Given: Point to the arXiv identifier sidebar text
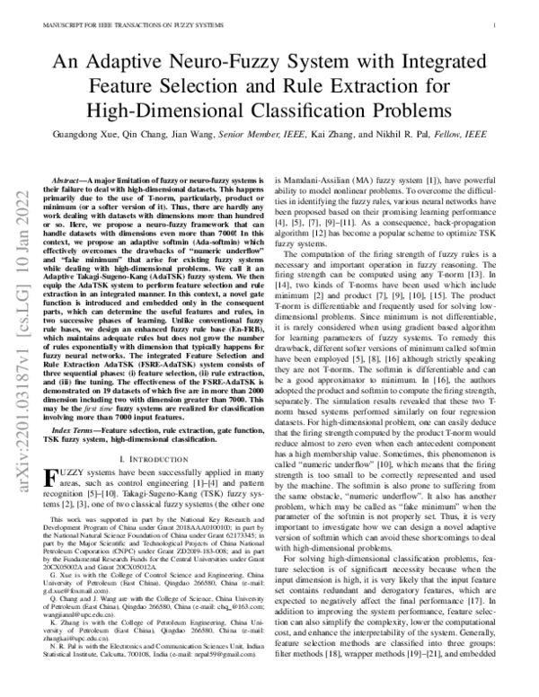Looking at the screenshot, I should click(20, 238).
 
